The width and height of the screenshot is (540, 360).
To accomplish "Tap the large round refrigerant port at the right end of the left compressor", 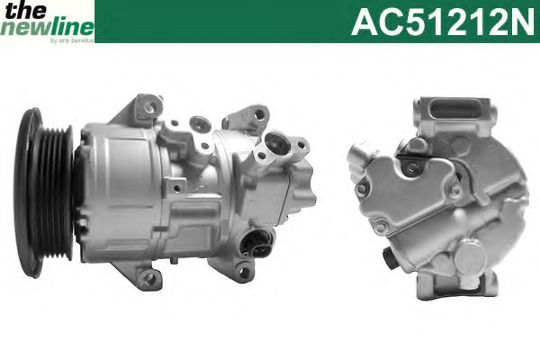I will point(276,147).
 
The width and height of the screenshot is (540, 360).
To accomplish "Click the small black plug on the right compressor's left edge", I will point(390,262).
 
